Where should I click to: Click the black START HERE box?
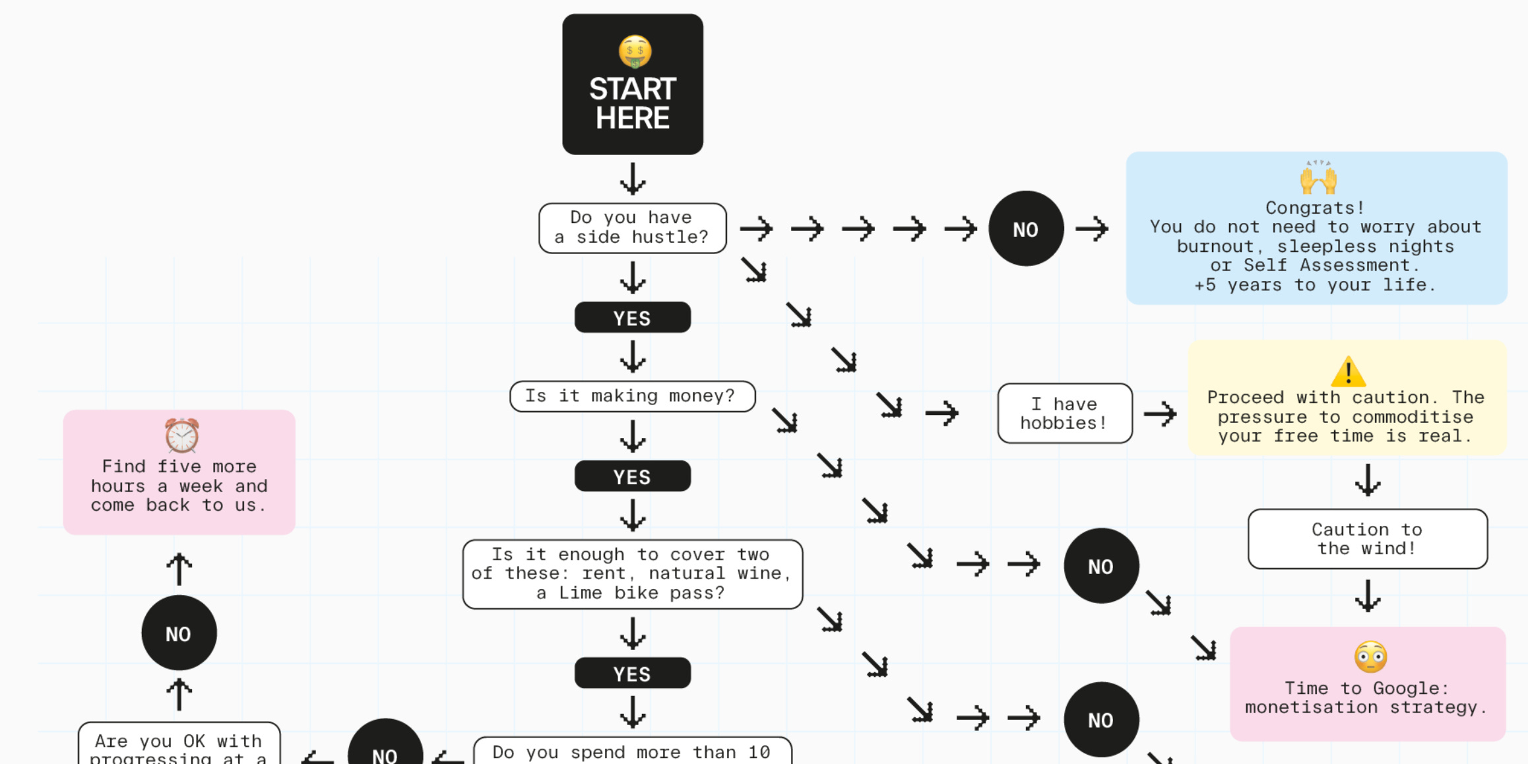pyautogui.click(x=632, y=85)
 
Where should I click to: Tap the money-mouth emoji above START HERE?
pyautogui.click(x=635, y=51)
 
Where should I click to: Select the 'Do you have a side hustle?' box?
pyautogui.click(x=632, y=228)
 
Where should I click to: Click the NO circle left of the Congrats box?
pyautogui.click(x=1025, y=229)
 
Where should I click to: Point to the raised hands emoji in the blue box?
pyautogui.click(x=1318, y=177)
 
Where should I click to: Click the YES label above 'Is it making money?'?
pyautogui.click(x=632, y=318)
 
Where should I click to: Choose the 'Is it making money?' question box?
pyautogui.click(x=631, y=396)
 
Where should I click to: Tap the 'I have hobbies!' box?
pyautogui.click(x=1064, y=413)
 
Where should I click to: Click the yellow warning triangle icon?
pyautogui.click(x=1348, y=371)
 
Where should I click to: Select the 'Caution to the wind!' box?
pyautogui.click(x=1367, y=538)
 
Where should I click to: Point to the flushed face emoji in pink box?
pyautogui.click(x=1370, y=656)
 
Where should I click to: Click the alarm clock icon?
pyautogui.click(x=181, y=435)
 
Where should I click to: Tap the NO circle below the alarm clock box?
pyautogui.click(x=179, y=633)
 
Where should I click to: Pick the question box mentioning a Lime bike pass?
pyautogui.click(x=632, y=574)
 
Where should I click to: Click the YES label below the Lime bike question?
pyautogui.click(x=632, y=674)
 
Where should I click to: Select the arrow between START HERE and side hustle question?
pyautogui.click(x=632, y=178)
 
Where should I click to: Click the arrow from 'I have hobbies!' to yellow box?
pyautogui.click(x=1160, y=414)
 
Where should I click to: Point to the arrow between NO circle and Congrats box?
pyautogui.click(x=1092, y=229)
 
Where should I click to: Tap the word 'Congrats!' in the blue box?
pyautogui.click(x=1314, y=208)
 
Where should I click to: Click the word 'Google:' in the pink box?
pyautogui.click(x=1411, y=688)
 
